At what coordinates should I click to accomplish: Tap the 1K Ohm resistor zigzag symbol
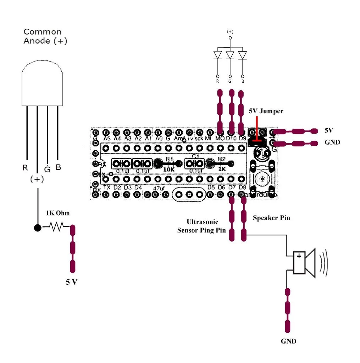pyautogui.click(x=56, y=227)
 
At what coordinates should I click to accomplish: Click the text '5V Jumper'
pyautogui.click(x=266, y=111)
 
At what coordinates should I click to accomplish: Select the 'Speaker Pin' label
pyautogui.click(x=271, y=218)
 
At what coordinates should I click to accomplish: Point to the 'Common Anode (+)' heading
pyautogui.click(x=45, y=36)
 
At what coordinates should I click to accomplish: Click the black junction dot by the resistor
pyautogui.click(x=38, y=228)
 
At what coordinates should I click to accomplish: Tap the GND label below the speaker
pyautogui.click(x=288, y=341)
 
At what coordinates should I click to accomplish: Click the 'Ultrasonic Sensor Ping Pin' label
pyautogui.click(x=201, y=226)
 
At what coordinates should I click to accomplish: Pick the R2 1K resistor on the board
pyautogui.click(x=221, y=164)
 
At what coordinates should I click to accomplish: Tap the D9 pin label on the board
pyautogui.click(x=242, y=138)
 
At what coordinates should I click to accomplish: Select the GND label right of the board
pyautogui.click(x=332, y=143)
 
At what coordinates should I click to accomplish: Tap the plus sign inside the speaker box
pyautogui.click(x=299, y=256)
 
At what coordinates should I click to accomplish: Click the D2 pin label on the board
pyautogui.click(x=117, y=187)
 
